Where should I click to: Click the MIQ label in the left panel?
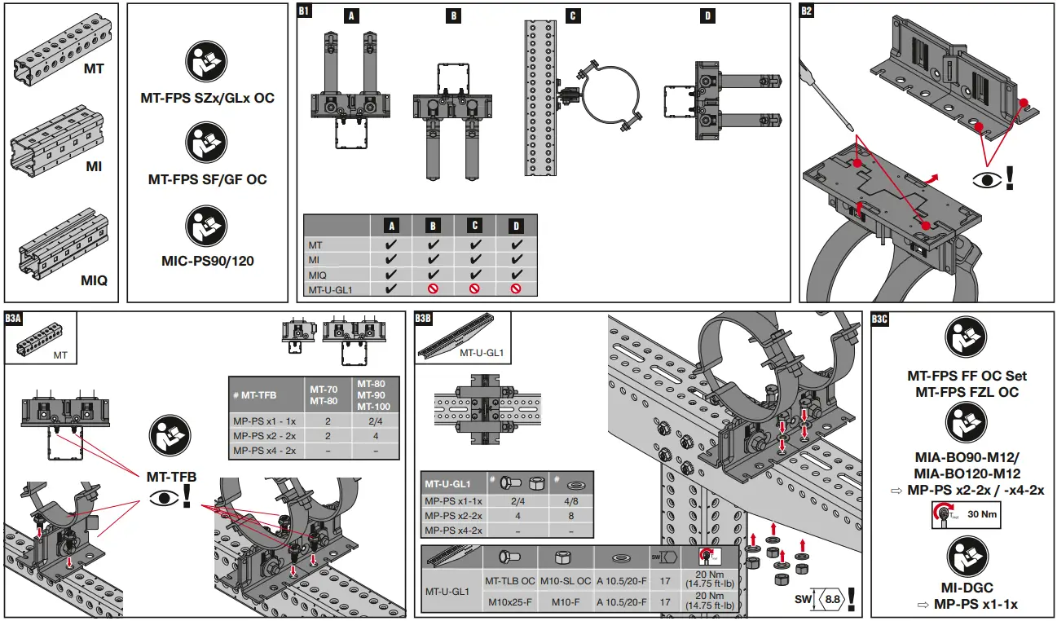[x=94, y=281]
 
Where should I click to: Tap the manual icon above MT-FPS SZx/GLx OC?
[x=207, y=64]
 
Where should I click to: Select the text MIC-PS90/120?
[x=207, y=262]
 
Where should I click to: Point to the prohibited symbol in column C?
[x=474, y=288]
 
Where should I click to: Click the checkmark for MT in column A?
[x=391, y=244]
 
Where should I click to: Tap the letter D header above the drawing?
[x=706, y=15]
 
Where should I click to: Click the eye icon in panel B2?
[x=986, y=178]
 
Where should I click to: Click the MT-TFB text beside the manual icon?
[x=171, y=475]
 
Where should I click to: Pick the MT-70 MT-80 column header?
[x=324, y=394]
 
